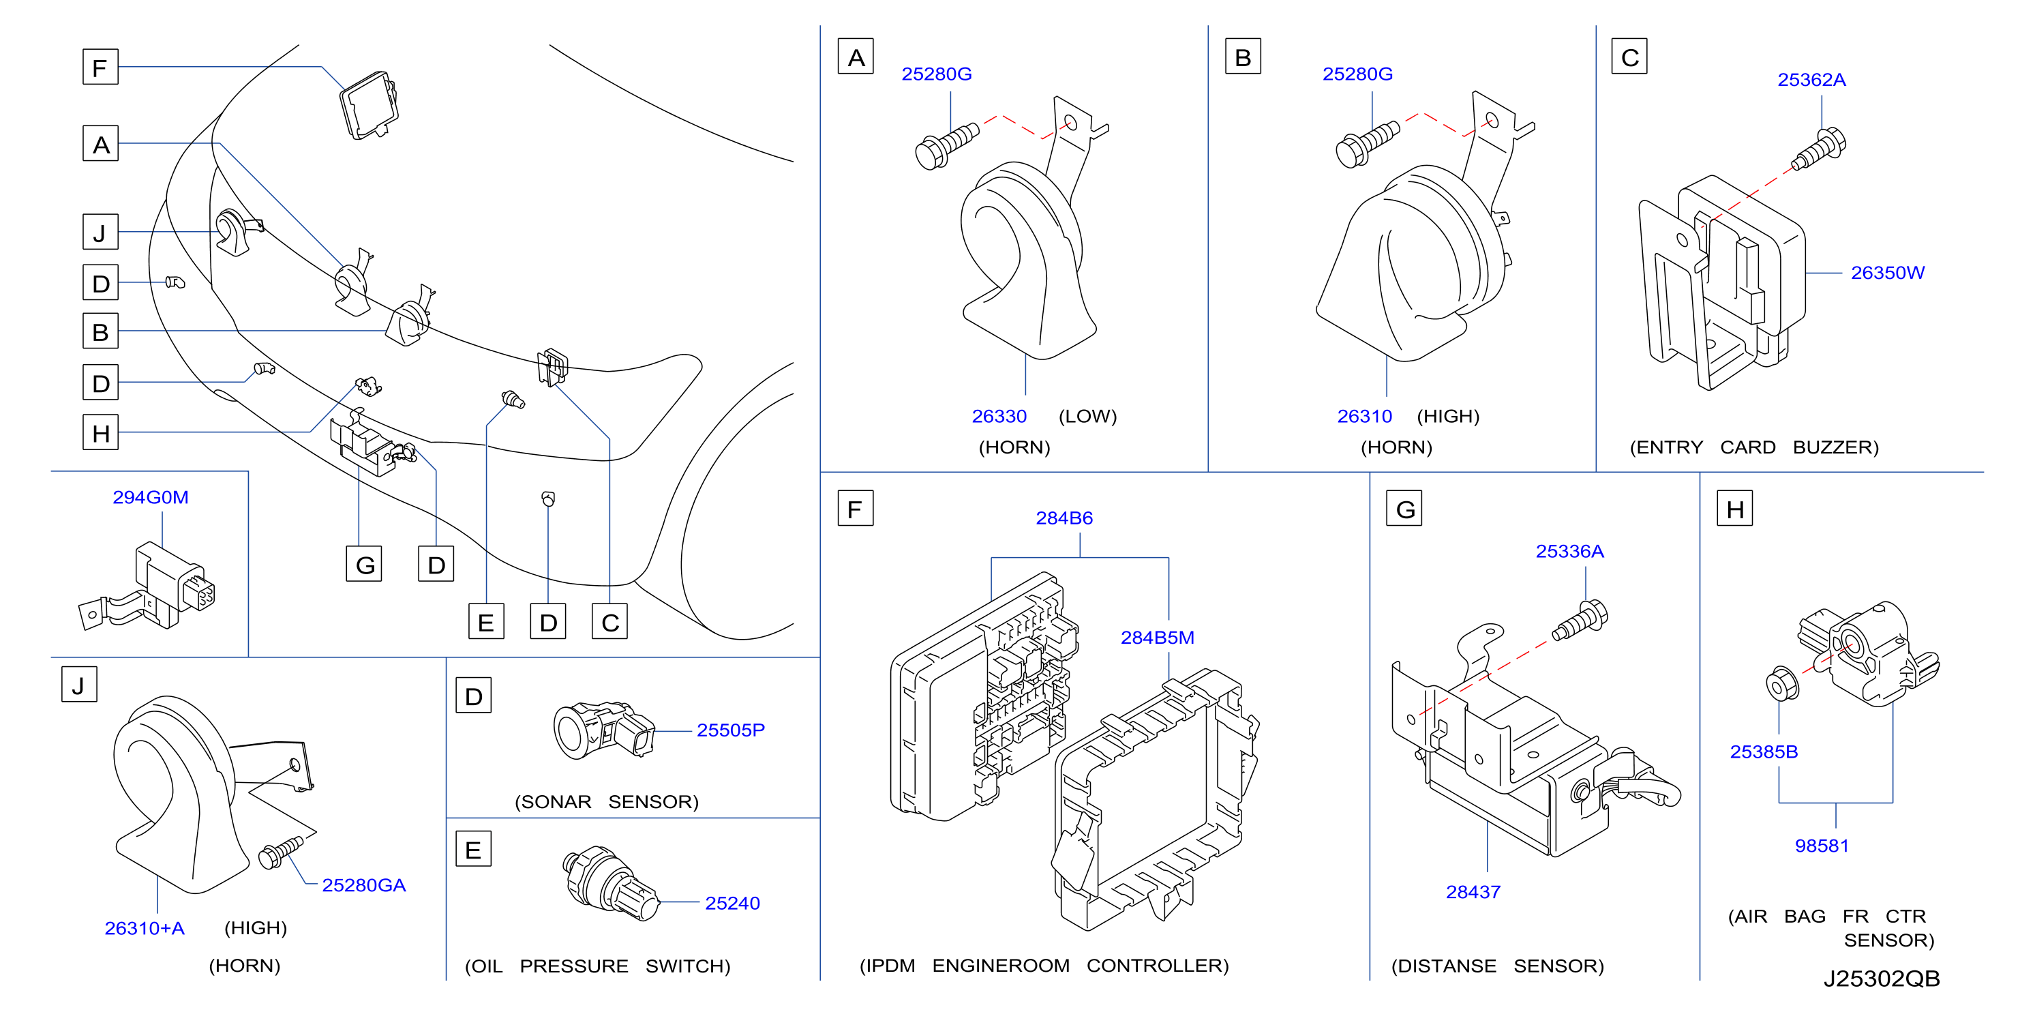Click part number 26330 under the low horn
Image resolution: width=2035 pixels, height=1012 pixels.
coord(999,417)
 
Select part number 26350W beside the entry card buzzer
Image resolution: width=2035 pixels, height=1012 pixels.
coord(1887,273)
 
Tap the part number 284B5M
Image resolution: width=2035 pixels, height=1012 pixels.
coord(1158,638)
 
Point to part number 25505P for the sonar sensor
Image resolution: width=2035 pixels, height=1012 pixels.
coord(731,730)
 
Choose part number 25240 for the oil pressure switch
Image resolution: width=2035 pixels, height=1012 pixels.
coord(732,903)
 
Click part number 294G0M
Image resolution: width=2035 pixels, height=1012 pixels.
coord(150,497)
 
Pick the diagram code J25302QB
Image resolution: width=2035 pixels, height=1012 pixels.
coord(1881,979)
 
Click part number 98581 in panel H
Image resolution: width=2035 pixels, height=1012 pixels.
coord(1822,846)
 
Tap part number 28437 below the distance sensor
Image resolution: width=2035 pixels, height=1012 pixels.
coord(1473,892)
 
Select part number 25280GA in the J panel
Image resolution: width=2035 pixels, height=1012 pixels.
coord(363,884)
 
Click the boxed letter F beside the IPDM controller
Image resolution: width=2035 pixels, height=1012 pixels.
coord(855,509)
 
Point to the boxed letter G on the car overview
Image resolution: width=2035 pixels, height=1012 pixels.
coord(364,564)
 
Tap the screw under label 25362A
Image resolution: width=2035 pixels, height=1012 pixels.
coord(1818,150)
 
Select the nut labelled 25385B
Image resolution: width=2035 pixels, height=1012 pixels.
coord(1782,683)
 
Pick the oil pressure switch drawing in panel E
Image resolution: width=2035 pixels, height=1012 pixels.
coord(610,884)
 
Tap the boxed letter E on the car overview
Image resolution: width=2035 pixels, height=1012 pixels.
coord(486,622)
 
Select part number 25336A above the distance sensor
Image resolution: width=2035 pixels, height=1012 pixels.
coord(1569,552)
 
